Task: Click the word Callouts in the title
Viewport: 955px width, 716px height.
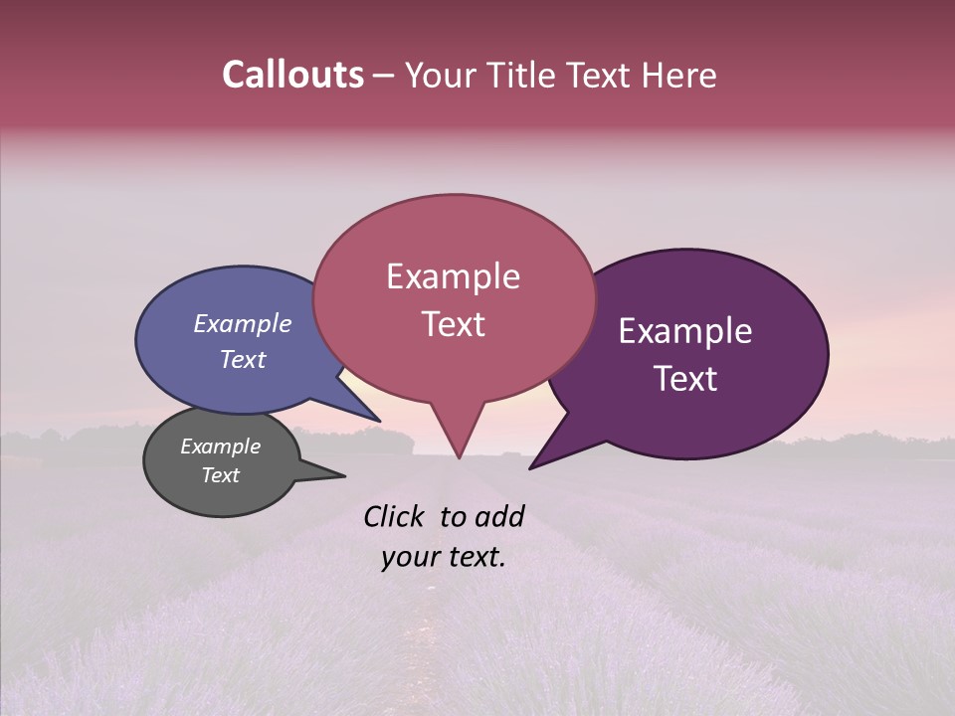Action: [292, 75]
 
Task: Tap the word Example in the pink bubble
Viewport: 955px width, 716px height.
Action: [453, 276]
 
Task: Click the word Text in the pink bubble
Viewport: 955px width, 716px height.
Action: [453, 324]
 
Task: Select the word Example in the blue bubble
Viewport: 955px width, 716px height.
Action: [243, 323]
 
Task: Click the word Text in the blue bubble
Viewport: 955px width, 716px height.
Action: [243, 359]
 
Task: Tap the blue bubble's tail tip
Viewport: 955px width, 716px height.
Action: [379, 421]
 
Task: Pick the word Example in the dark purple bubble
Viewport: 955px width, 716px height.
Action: [685, 331]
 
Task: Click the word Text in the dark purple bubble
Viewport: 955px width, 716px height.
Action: [685, 379]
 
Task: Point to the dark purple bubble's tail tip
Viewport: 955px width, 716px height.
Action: [530, 467]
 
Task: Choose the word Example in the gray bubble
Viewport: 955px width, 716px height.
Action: [220, 447]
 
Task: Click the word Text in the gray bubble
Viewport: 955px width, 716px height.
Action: [220, 475]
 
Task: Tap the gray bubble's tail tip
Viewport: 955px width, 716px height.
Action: [344, 476]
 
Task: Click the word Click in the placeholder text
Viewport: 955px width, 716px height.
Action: [395, 516]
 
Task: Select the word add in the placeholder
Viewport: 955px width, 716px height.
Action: [500, 516]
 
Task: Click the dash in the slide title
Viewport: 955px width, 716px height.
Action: [384, 76]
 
